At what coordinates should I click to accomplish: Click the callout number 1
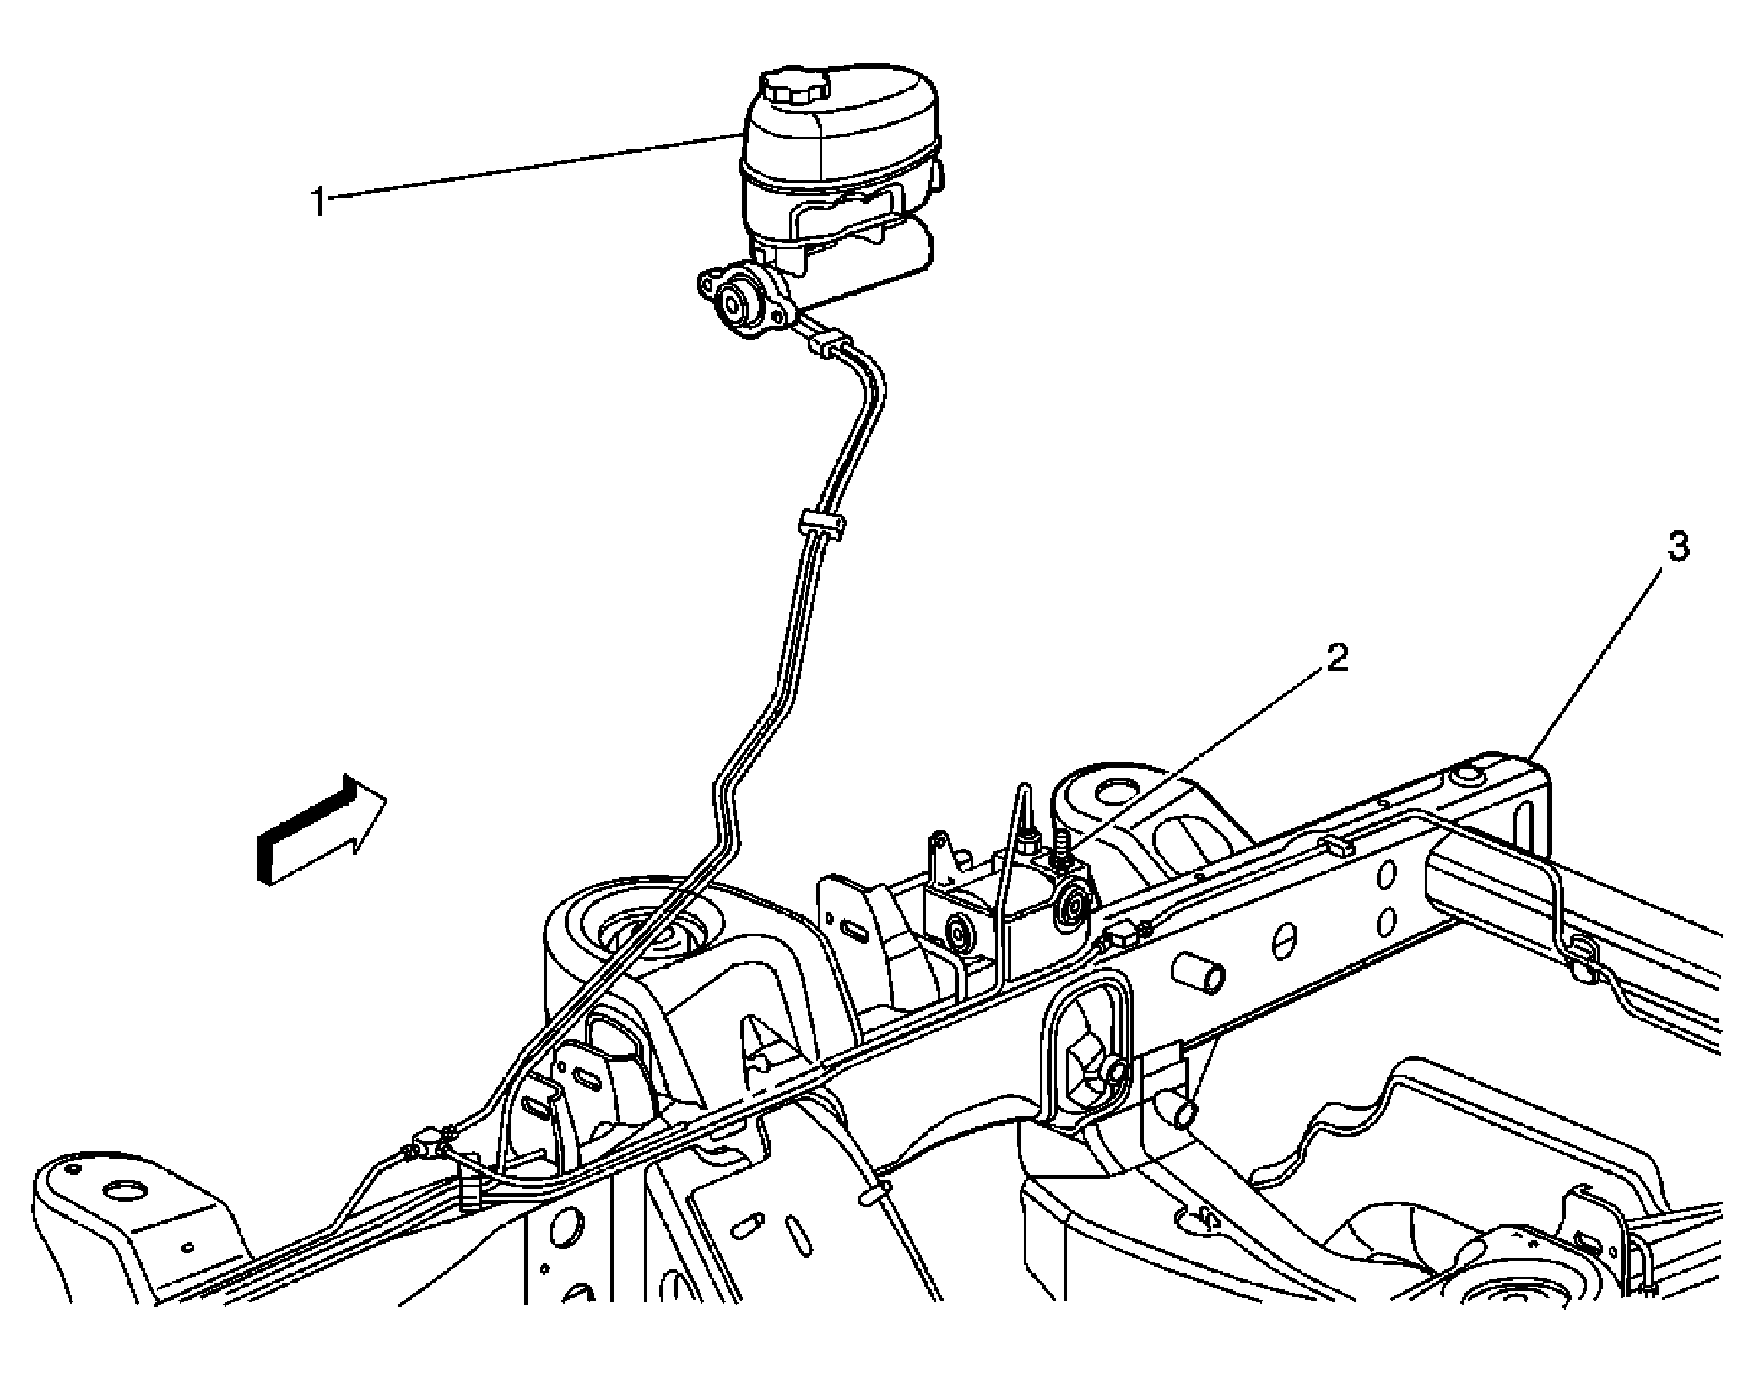(x=318, y=203)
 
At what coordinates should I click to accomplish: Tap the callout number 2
(x=1337, y=659)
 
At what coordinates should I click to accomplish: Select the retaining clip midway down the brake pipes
(x=820, y=524)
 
